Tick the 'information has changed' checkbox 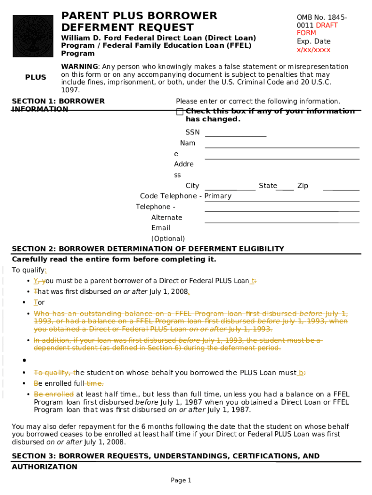(x=180, y=112)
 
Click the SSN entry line (x=235, y=133)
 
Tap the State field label (x=268, y=186)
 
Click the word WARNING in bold (x=79, y=66)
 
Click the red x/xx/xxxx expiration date (x=313, y=50)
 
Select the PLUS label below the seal (x=36, y=77)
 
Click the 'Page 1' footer (x=181, y=480)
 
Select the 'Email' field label (x=160, y=228)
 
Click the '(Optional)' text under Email (x=168, y=238)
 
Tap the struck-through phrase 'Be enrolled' (x=53, y=394)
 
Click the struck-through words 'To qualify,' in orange (x=53, y=373)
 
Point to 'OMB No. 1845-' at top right (x=321, y=17)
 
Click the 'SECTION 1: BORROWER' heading (x=58, y=101)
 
